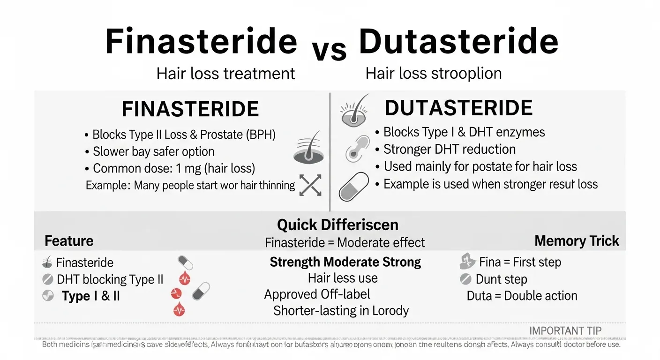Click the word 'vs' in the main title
(x=330, y=50)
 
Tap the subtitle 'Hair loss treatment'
(x=225, y=74)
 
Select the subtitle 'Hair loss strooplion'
(x=433, y=74)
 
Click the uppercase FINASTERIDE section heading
(x=190, y=109)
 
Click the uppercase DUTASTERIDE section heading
(x=458, y=108)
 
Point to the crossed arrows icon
(x=310, y=185)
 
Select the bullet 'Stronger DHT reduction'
(x=449, y=150)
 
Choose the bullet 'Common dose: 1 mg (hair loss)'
(x=173, y=168)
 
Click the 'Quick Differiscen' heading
(x=337, y=225)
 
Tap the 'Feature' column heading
(x=69, y=241)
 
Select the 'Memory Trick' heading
(x=577, y=241)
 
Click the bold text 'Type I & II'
(x=91, y=296)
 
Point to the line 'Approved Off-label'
(x=317, y=294)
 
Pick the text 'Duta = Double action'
(x=522, y=296)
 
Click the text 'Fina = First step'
(x=520, y=262)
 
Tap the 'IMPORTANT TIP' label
(x=565, y=331)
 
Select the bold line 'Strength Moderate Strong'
(x=345, y=262)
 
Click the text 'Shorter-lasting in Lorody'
(x=341, y=311)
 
